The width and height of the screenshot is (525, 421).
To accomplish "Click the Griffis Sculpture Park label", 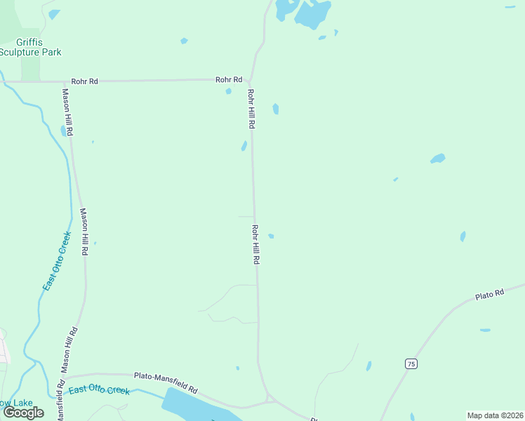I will [30, 47].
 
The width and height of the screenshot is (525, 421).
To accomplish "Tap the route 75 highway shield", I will [411, 363].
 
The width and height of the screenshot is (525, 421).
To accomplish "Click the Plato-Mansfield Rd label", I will [166, 382].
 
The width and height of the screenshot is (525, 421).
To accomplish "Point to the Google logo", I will [23, 412].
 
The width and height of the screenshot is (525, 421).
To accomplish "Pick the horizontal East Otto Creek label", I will [99, 389].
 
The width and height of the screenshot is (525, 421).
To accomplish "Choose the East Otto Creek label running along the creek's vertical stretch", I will [57, 261].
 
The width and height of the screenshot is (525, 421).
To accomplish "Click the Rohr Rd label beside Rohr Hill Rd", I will [229, 80].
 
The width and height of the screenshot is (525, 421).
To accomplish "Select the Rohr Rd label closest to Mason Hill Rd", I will [84, 81].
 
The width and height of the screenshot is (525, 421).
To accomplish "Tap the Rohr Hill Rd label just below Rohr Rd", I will [250, 108].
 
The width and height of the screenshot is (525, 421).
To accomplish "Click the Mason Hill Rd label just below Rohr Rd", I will [67, 112].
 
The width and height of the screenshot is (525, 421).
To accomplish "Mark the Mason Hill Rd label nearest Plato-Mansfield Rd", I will [68, 349].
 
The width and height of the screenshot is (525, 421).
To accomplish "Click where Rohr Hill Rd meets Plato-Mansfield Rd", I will [269, 398].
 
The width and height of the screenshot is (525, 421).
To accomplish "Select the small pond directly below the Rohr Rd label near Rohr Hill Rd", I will [229, 91].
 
